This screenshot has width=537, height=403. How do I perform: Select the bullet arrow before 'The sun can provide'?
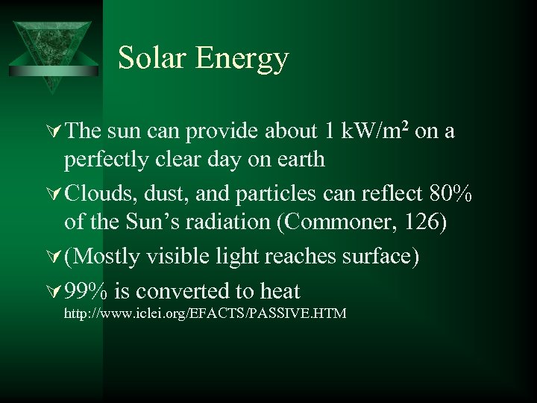tap(54, 131)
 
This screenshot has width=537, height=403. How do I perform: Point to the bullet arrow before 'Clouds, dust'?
tap(54, 194)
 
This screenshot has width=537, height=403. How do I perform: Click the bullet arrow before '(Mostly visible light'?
tap(54, 257)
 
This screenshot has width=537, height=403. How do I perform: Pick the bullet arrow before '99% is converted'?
tap(54, 291)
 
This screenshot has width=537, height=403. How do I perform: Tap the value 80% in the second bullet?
tap(451, 194)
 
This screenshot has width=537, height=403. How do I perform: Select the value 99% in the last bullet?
tap(85, 291)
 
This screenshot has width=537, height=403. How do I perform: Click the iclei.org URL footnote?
tap(205, 313)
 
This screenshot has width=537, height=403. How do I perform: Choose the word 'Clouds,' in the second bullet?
tap(93, 194)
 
